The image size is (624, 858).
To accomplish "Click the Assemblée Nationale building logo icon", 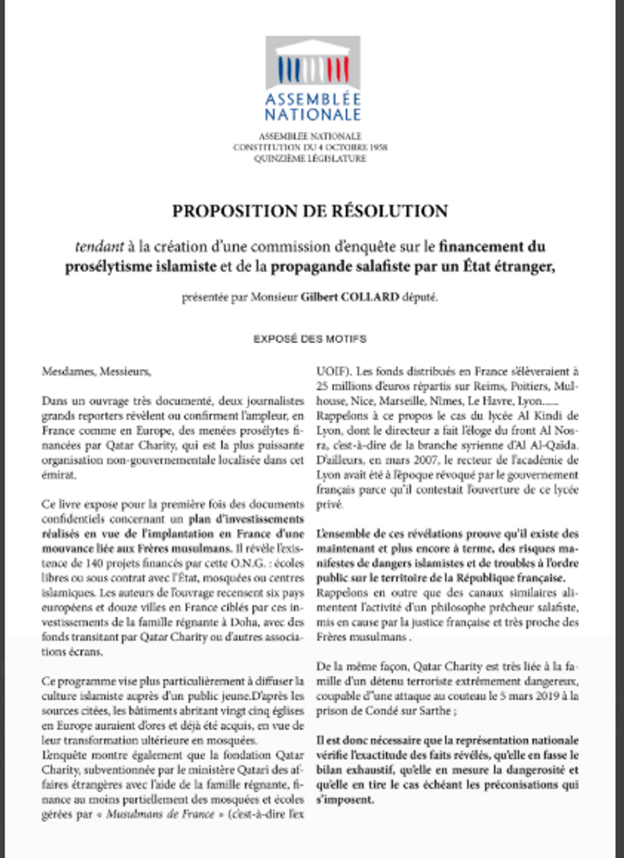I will coord(311,64).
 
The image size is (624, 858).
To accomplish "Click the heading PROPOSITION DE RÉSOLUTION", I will coord(310,211).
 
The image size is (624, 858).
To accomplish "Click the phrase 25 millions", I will coord(341,386).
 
